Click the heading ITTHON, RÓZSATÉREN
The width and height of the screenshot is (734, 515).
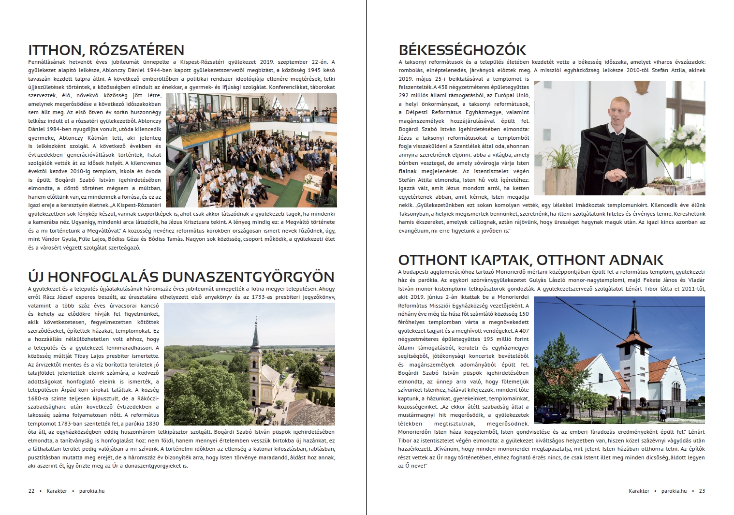(106, 50)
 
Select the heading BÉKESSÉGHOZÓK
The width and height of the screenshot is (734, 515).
(462, 50)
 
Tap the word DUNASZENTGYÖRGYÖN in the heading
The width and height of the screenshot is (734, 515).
(248, 277)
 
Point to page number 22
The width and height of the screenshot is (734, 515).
(31, 491)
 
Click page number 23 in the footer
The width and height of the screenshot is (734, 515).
(702, 491)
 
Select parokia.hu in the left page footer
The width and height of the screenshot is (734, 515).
(92, 491)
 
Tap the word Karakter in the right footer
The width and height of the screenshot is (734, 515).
(639, 491)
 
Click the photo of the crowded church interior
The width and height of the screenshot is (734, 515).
(251, 150)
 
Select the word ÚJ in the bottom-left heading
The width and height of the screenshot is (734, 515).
(36, 277)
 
